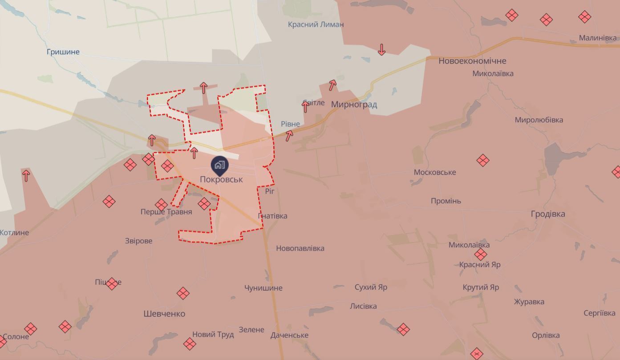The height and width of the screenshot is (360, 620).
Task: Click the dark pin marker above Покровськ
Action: click(x=219, y=165)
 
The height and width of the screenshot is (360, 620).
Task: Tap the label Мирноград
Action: click(x=354, y=105)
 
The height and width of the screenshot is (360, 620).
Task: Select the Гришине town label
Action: click(x=63, y=52)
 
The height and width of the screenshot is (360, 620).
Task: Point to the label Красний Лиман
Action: click(x=316, y=24)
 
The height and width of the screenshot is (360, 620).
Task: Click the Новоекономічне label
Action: click(x=472, y=61)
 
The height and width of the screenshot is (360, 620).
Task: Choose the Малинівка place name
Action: click(x=597, y=38)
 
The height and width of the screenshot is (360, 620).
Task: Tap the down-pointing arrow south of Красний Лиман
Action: click(x=381, y=49)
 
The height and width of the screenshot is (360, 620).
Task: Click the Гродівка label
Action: click(x=548, y=214)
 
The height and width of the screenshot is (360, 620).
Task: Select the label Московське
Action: click(x=435, y=172)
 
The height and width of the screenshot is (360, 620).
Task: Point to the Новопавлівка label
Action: click(x=300, y=248)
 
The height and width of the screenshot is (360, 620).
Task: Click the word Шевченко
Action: click(x=164, y=314)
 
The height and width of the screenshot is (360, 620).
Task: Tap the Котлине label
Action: click(x=14, y=232)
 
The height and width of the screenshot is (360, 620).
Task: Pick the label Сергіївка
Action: click(x=599, y=313)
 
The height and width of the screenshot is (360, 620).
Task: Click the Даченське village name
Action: click(x=289, y=335)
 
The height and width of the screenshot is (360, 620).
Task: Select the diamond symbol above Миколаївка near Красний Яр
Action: click(x=480, y=255)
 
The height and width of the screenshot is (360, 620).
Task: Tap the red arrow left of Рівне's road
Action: click(x=289, y=135)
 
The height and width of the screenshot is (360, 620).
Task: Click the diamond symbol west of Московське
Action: click(x=483, y=160)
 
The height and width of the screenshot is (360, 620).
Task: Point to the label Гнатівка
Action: click(x=272, y=216)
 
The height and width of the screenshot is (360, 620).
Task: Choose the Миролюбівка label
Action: click(x=539, y=120)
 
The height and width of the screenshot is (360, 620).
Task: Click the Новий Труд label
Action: click(x=213, y=334)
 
